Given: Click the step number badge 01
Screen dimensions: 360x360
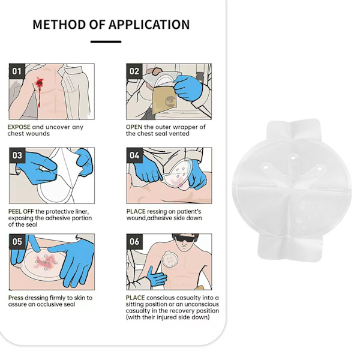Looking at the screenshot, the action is click(17, 71).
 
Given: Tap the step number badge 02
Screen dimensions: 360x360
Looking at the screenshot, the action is click(134, 71).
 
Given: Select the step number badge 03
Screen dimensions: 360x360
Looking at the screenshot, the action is click(17, 155).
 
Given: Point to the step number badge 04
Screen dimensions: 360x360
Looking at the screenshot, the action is click(134, 155).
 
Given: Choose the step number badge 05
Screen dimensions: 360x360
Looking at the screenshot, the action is click(17, 242).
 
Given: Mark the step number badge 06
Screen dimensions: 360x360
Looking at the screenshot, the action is click(134, 242).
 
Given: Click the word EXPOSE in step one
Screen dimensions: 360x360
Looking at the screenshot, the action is click(19, 127).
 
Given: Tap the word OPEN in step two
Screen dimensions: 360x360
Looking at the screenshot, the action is click(134, 127).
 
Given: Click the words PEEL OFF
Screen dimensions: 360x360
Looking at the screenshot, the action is click(21, 211).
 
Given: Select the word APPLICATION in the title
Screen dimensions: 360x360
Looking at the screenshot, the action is click(149, 25).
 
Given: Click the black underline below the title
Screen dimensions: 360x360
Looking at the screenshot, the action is click(106, 42).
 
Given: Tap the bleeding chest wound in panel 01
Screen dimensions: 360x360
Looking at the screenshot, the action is click(40, 82).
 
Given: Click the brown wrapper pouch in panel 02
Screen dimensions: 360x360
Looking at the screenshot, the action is click(164, 99).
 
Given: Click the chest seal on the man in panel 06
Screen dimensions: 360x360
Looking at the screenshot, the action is click(170, 259).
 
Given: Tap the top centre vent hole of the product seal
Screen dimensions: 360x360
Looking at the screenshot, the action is click(293, 158).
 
